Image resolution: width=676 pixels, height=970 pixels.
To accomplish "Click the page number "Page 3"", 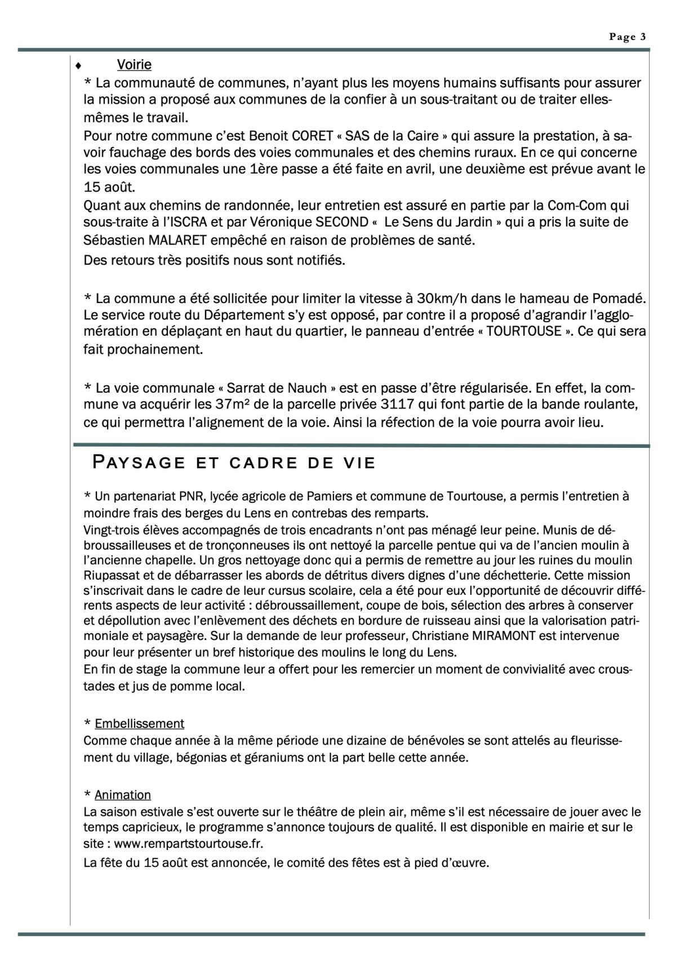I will [627, 37].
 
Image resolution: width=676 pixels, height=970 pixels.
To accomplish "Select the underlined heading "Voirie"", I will [134, 65].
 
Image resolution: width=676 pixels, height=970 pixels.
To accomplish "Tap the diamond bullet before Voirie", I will [78, 66].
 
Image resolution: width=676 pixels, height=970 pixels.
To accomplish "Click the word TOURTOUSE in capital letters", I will [524, 331].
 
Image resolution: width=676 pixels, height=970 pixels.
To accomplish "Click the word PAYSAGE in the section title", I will [139, 463].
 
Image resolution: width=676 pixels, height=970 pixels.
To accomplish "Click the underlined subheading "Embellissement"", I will [140, 724].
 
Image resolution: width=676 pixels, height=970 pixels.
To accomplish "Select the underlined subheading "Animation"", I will [123, 795].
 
